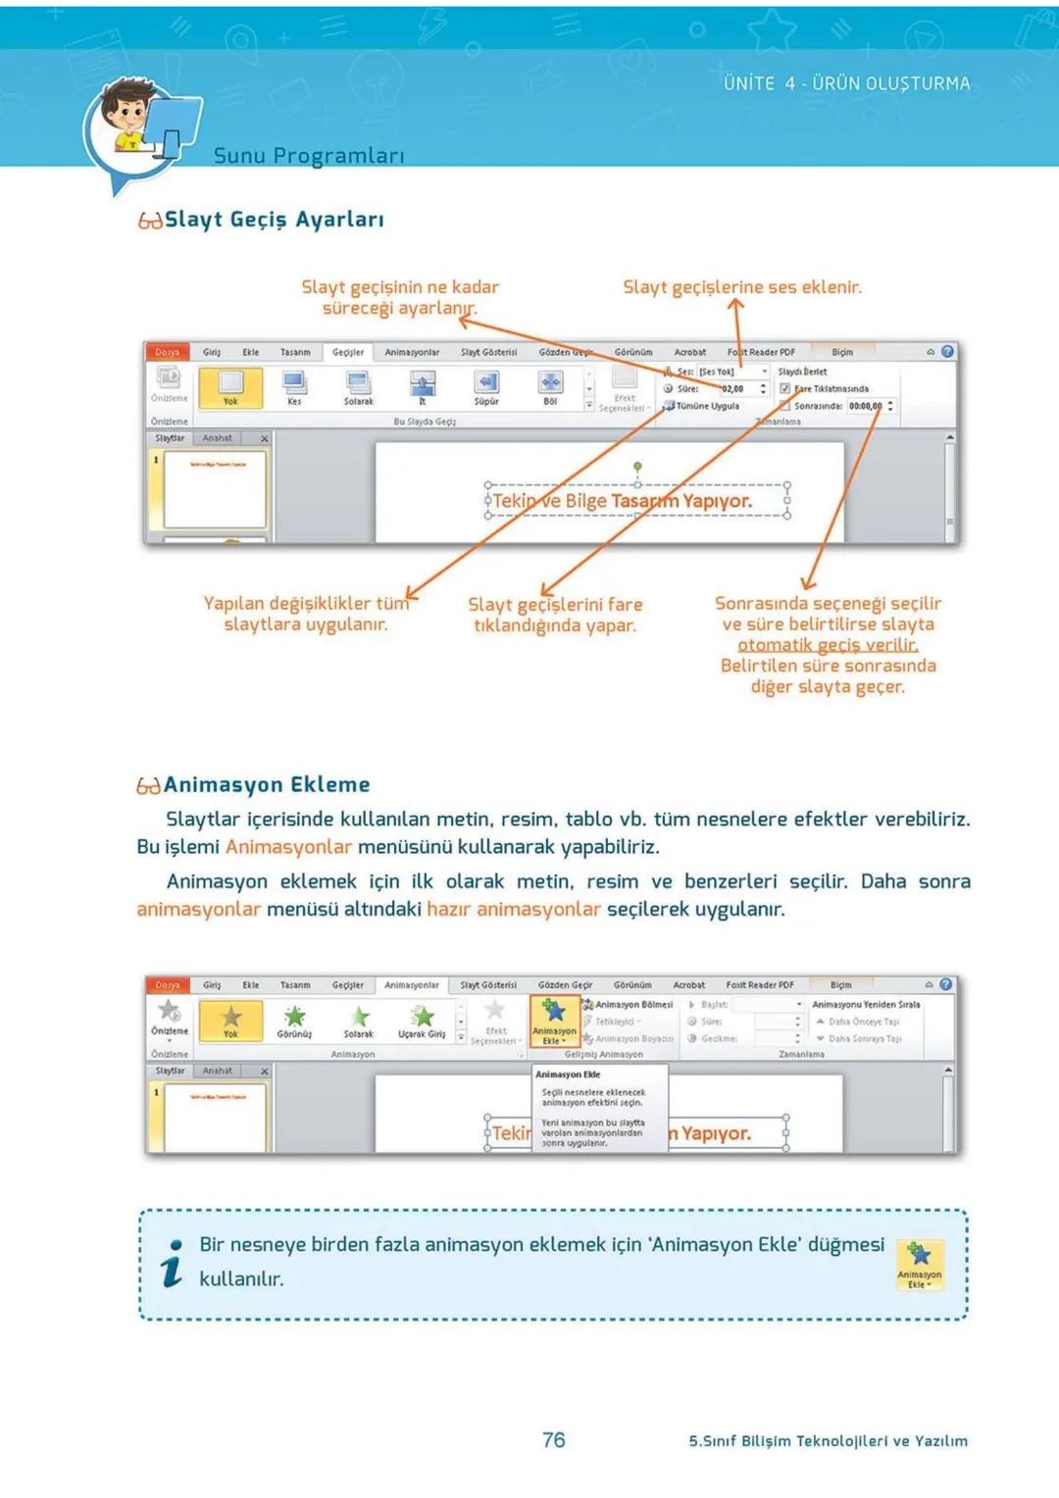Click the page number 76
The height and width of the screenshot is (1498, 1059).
tap(553, 1439)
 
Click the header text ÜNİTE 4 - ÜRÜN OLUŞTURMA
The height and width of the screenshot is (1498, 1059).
tap(846, 83)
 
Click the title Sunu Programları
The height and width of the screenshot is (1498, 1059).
tap(308, 156)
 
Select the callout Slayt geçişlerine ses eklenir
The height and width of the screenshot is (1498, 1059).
tap(741, 287)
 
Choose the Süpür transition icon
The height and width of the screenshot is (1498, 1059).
tap(486, 383)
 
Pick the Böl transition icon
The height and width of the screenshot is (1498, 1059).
tap(550, 383)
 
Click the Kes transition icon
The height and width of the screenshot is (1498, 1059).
tap(294, 383)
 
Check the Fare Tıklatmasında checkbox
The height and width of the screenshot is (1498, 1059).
tap(784, 388)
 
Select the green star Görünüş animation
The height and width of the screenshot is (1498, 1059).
tap(294, 1017)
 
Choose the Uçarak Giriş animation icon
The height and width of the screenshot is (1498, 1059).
tap(422, 1017)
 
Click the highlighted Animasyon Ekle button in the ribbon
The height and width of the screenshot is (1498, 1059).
tap(554, 1021)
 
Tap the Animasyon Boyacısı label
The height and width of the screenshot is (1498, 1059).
tap(633, 1038)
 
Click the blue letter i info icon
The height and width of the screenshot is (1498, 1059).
tap(173, 1263)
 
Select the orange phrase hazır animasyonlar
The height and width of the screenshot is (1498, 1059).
tap(513, 909)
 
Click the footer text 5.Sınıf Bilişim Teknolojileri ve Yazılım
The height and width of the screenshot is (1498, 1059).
tap(828, 1440)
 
